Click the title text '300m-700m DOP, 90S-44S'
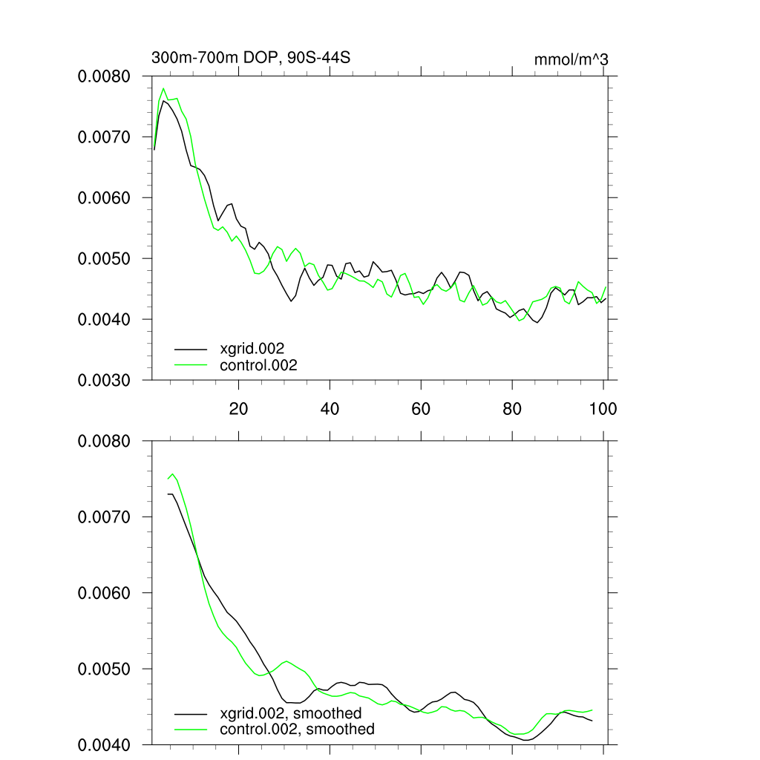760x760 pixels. (x=250, y=58)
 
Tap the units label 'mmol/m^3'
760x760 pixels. (x=571, y=59)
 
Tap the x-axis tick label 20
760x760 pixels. (x=238, y=409)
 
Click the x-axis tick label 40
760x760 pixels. (x=330, y=409)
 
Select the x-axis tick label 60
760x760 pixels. (x=421, y=409)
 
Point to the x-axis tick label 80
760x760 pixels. (x=512, y=409)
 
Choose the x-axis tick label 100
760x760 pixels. (x=603, y=409)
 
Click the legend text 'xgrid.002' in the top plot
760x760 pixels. (x=252, y=348)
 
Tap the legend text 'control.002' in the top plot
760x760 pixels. (x=258, y=365)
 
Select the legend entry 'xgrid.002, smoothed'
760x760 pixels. (x=291, y=713)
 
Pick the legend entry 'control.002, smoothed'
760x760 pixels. (x=297, y=730)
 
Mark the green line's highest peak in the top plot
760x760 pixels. (x=163, y=89)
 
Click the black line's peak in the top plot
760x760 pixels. (x=164, y=101)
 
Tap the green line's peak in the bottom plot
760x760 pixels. (x=172, y=474)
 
